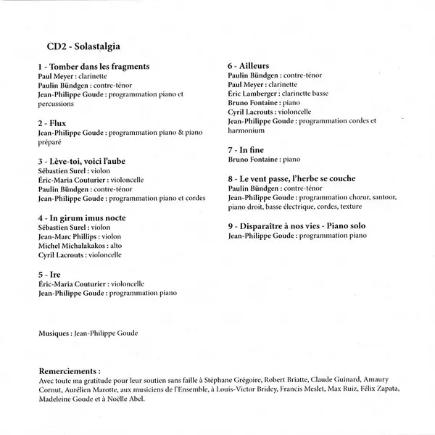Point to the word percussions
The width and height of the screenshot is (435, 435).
[x=58, y=104]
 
